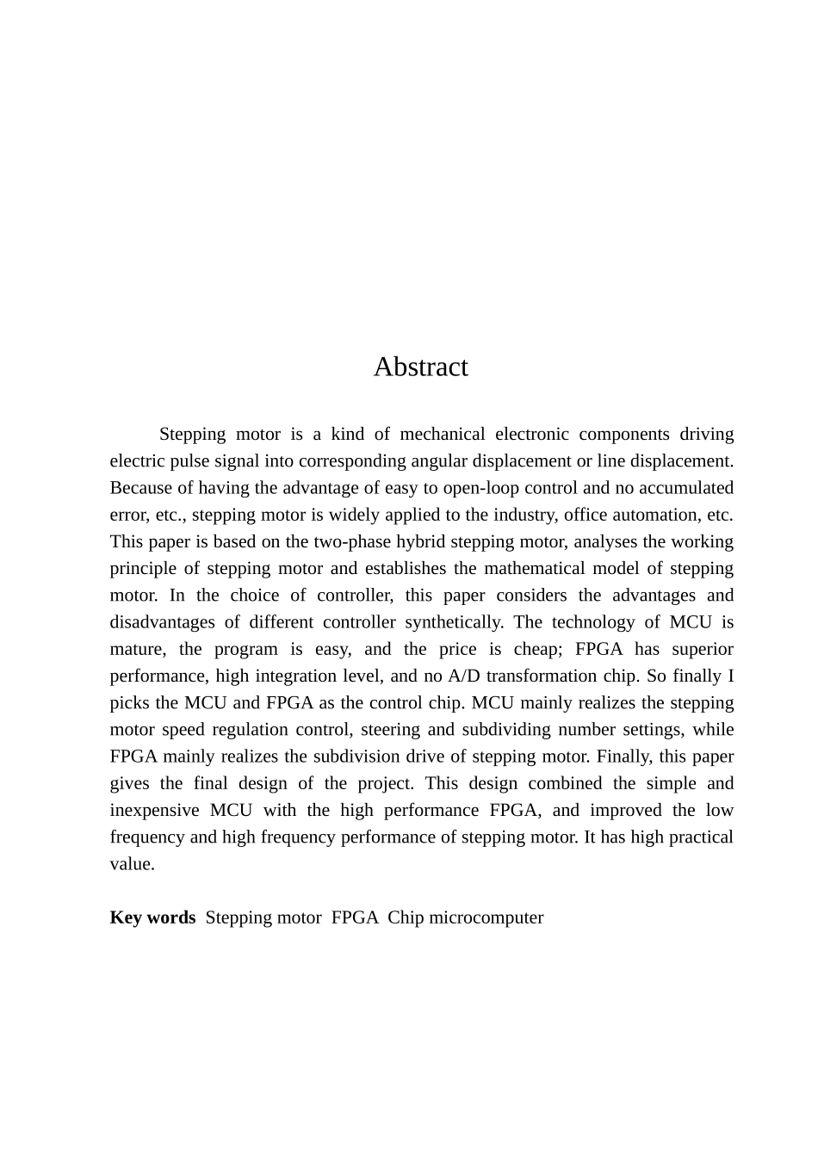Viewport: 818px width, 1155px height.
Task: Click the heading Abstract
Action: [x=420, y=367]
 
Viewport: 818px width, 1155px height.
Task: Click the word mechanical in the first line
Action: [x=442, y=434]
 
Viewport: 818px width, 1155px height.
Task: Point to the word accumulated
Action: [x=685, y=488]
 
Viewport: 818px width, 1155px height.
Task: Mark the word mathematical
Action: [x=530, y=568]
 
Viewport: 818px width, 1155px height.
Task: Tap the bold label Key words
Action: [x=152, y=917]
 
